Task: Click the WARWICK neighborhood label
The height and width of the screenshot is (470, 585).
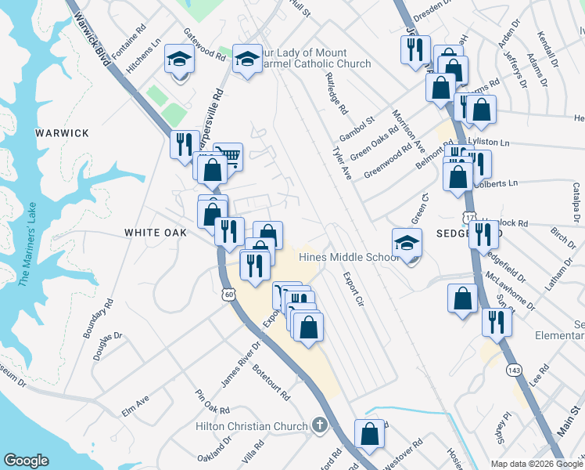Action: tap(62, 133)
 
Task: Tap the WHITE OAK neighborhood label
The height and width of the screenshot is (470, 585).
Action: tap(156, 233)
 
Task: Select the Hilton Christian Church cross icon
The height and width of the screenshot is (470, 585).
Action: tap(318, 425)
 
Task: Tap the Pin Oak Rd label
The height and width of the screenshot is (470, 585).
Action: tap(212, 403)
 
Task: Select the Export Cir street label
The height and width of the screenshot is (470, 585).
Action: tap(354, 288)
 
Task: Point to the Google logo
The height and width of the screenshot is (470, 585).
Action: tap(26, 461)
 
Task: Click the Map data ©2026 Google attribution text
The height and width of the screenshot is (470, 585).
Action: tap(537, 464)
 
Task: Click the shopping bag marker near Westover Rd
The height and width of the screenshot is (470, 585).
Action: tap(369, 434)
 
